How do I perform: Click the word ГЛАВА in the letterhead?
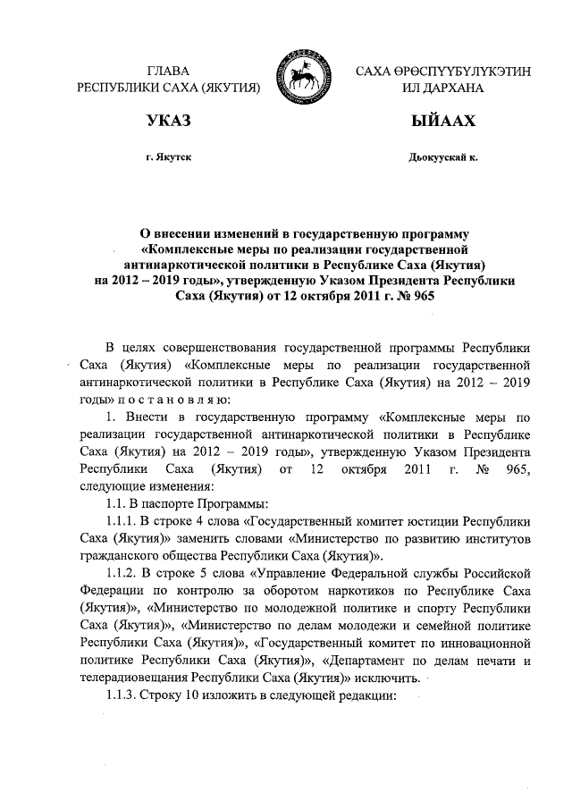169,71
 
